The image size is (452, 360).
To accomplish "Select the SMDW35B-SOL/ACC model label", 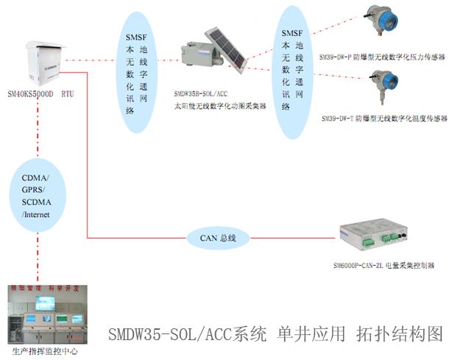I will (x=200, y=94).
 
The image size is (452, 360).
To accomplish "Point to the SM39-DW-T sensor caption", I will (x=382, y=117).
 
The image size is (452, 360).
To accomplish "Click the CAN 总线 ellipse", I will (x=219, y=238).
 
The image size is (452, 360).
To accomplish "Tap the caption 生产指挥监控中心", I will (x=45, y=352).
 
